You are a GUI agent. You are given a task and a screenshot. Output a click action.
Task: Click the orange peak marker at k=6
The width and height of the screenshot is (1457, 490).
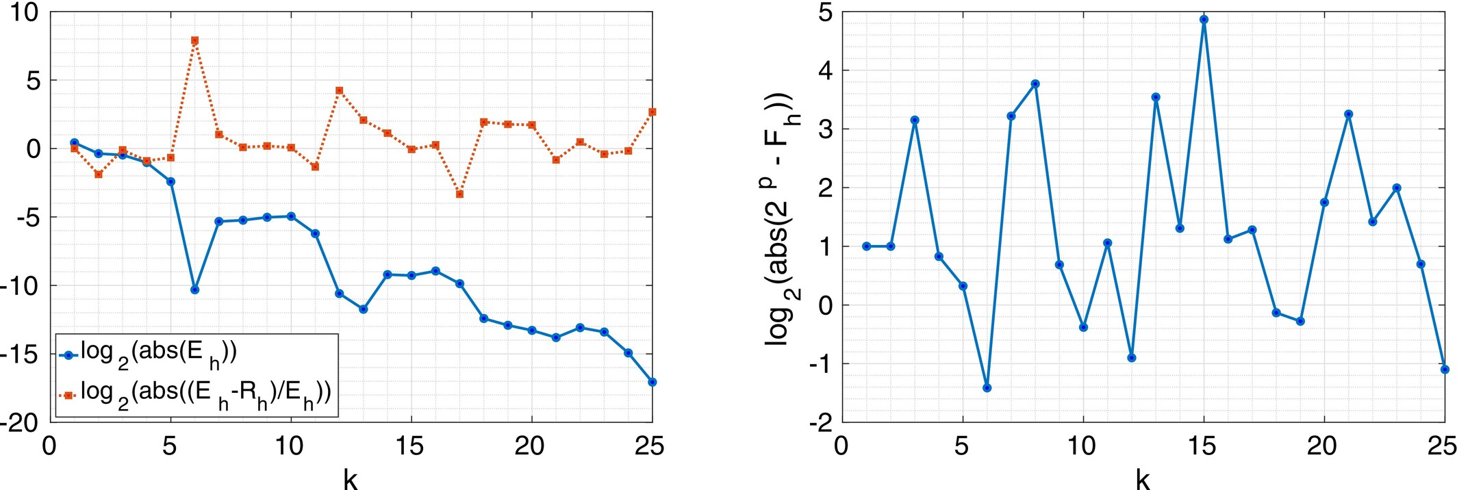(194, 40)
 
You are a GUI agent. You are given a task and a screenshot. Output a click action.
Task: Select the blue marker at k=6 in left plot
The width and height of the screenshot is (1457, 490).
(194, 289)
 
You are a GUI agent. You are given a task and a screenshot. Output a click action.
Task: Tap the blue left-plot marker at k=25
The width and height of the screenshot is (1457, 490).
(652, 382)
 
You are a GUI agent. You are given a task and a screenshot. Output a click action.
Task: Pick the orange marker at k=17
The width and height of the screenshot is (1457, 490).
(459, 194)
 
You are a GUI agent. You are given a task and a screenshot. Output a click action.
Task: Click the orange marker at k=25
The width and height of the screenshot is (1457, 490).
(652, 112)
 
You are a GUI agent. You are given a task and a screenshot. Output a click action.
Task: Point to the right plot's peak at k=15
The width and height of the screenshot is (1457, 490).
(1204, 19)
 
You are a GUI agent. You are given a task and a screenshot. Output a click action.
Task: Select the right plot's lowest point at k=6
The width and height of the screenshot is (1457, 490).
(987, 388)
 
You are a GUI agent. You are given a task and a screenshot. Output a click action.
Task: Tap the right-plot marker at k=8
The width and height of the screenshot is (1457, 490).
(1035, 83)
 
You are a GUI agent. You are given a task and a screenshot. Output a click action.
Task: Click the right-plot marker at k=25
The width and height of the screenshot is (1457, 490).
(1445, 369)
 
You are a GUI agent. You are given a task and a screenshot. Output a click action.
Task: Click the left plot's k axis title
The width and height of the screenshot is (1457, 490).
(350, 479)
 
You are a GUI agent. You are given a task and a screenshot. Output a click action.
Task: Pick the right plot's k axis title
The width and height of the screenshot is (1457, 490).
(1142, 479)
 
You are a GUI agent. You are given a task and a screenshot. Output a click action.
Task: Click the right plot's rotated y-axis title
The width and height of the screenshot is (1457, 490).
(779, 218)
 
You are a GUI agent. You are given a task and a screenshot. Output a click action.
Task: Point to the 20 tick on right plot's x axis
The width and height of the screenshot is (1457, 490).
(1322, 446)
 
